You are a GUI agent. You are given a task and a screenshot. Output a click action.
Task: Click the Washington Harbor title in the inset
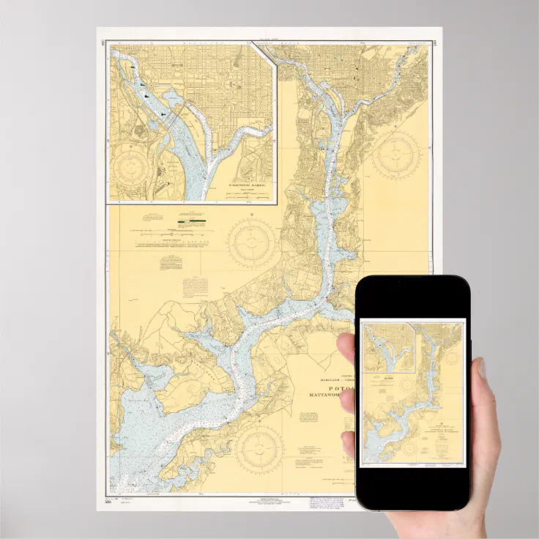244,187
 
